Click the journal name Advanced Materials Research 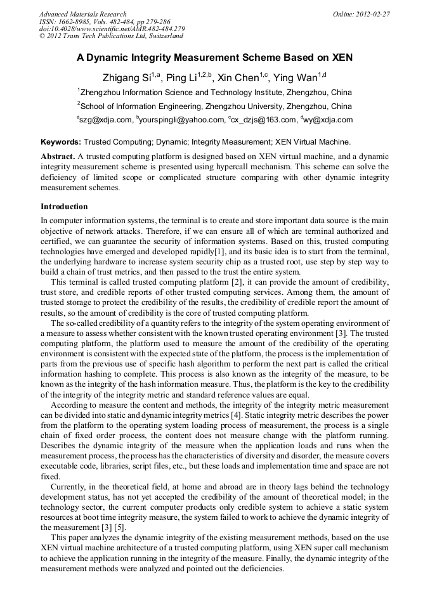pyautogui.click(x=82, y=14)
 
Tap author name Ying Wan pyautogui.click(x=296, y=79)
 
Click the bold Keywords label pyautogui.click(x=61, y=142)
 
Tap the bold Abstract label pyautogui.click(x=58, y=156)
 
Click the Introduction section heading pyautogui.click(x=64, y=207)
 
